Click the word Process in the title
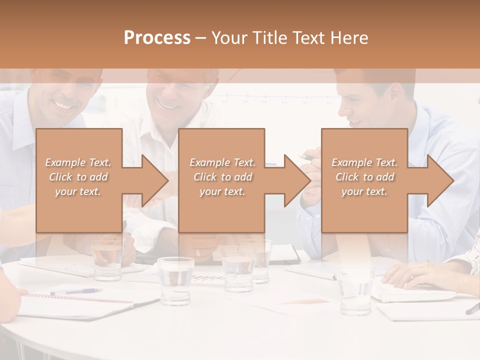point(157,38)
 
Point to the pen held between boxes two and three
point(306,157)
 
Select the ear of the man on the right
point(394,92)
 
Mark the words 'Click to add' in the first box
point(78,177)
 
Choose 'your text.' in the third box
point(364,191)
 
